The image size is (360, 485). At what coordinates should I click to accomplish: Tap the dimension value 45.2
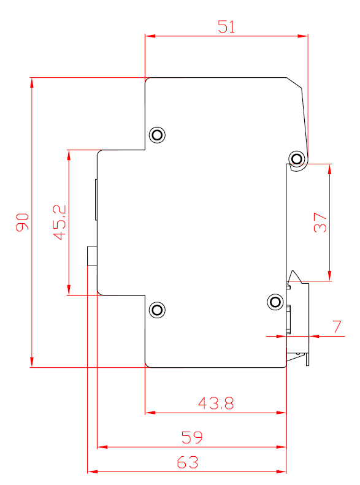60,221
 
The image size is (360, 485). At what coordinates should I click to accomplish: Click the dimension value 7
337,326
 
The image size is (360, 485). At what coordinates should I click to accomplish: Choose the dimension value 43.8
216,403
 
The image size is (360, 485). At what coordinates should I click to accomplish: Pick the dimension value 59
192,437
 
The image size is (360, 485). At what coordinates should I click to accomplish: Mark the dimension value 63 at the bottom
188,462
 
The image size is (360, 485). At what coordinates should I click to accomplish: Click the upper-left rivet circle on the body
158,135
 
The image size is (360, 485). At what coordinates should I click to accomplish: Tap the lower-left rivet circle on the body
158,310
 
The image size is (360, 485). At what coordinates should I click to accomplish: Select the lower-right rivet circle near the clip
275,302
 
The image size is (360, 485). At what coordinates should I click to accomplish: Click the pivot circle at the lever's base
297,159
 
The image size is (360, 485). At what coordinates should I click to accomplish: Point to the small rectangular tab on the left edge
91,255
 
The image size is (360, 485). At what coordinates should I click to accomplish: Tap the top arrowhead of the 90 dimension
31,82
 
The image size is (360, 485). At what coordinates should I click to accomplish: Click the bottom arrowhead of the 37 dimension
330,277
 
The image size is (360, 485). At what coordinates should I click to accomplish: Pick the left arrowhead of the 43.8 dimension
148,413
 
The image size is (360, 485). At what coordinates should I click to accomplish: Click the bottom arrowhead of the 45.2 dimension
69,291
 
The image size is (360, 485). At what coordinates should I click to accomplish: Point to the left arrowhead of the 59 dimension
102,447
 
